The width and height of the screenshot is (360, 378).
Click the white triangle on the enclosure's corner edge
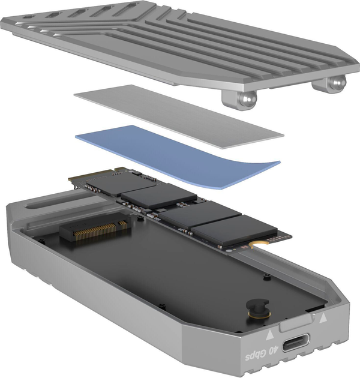click(x=324, y=317)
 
